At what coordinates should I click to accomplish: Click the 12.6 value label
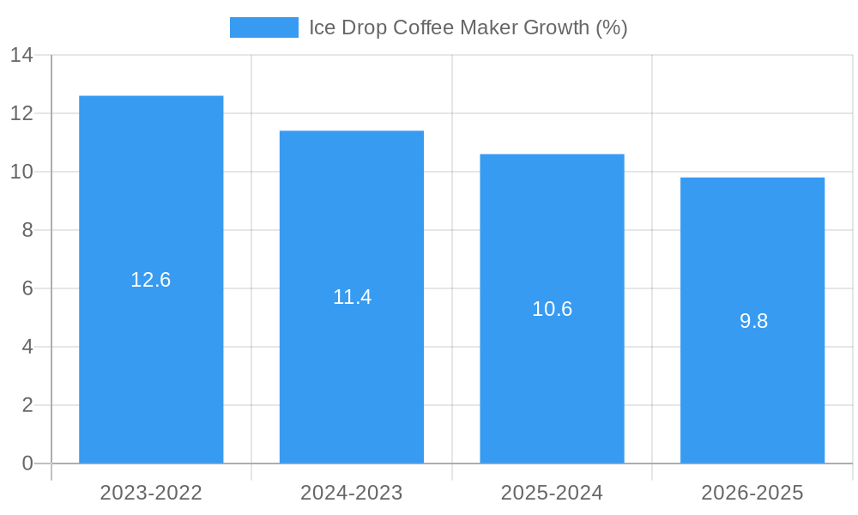coord(151,280)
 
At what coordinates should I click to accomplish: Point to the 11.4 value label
coord(352,297)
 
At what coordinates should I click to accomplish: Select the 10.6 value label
coord(552,309)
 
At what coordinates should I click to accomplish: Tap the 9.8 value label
coord(753,321)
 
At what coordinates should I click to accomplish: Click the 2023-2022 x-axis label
coord(151,493)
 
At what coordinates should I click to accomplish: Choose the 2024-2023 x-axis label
coord(352,493)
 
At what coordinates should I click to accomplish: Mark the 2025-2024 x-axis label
coord(552,493)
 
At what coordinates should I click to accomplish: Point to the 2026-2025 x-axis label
coord(752,493)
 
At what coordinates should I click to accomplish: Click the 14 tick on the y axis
coord(21,56)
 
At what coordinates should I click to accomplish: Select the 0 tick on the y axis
coord(27,463)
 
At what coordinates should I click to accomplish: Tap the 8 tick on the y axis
coord(27,230)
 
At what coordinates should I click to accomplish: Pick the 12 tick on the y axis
coord(21,113)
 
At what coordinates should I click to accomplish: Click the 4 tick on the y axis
coord(27,347)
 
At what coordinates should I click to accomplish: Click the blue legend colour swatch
coord(264,27)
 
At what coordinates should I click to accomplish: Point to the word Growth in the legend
coord(556,27)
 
